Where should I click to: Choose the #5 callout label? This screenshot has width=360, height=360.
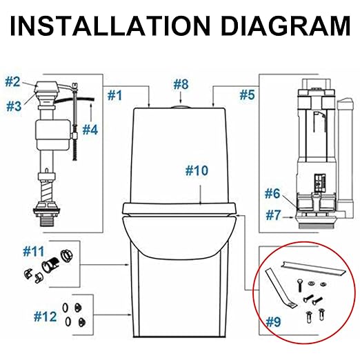click(246, 92)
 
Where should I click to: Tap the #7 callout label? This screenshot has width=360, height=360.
click(276, 215)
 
